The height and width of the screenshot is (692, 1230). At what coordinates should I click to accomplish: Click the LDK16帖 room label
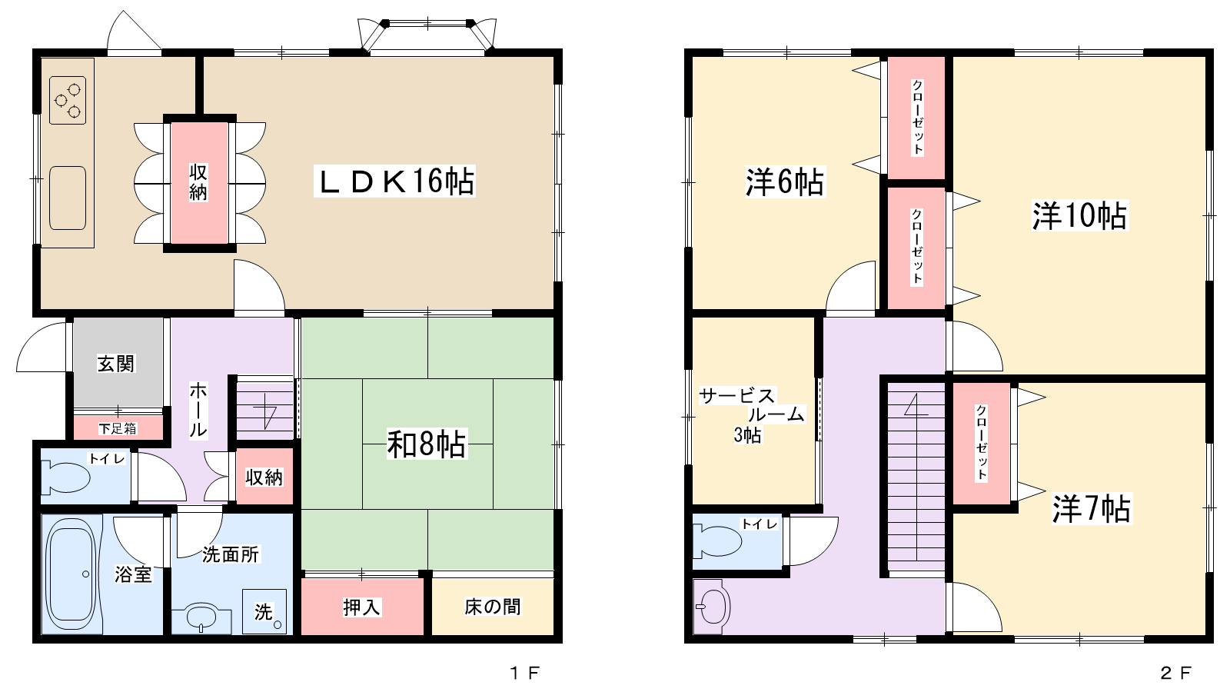[x=395, y=181]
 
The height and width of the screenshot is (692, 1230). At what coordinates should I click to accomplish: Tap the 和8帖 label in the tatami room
[x=427, y=444]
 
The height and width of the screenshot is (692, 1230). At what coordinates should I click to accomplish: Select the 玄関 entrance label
[x=116, y=364]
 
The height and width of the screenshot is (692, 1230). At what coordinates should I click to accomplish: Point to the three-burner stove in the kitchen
[x=68, y=100]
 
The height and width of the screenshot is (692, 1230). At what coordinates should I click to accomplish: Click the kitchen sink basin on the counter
[x=68, y=198]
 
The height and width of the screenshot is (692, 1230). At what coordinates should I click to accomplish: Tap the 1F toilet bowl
[x=66, y=477]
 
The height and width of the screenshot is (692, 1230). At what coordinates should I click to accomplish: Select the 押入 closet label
[x=361, y=607]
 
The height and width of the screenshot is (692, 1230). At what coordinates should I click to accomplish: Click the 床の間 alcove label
[x=493, y=607]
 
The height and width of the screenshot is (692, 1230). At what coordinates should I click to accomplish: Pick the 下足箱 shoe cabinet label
[x=118, y=428]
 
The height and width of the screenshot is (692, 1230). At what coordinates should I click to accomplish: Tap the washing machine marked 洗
[x=264, y=611]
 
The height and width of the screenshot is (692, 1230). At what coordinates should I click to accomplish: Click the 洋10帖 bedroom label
[x=1079, y=215]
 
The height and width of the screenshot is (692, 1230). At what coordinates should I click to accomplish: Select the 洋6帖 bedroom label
[x=785, y=181]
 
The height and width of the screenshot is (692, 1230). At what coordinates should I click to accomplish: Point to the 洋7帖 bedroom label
[x=1092, y=508]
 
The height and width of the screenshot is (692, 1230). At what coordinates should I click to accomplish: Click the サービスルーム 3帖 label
[x=751, y=414]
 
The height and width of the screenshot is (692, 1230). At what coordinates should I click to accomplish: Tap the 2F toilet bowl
[x=716, y=541]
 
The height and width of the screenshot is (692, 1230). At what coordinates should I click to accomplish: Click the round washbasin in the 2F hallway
[x=712, y=607]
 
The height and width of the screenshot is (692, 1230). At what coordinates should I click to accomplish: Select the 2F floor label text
[x=1175, y=672]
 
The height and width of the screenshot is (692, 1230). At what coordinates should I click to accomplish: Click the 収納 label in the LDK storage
[x=198, y=182]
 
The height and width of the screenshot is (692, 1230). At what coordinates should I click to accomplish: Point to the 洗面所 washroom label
[x=231, y=554]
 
